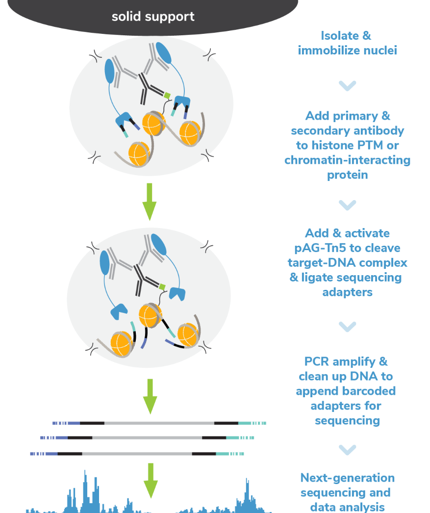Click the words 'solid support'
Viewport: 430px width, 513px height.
point(153,17)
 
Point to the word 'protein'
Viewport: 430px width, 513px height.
point(347,175)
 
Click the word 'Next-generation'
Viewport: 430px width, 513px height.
point(347,478)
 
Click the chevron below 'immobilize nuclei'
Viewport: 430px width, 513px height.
point(347,86)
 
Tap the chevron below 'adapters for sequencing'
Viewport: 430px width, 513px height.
point(347,449)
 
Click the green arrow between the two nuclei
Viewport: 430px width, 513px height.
point(149,202)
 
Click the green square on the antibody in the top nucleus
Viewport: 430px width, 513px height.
point(167,95)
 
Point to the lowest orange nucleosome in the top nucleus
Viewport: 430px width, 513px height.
point(138,154)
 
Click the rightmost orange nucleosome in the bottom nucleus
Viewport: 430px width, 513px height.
point(188,335)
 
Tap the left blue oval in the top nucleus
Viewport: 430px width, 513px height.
point(110,71)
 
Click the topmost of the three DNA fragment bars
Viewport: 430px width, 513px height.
point(159,423)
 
